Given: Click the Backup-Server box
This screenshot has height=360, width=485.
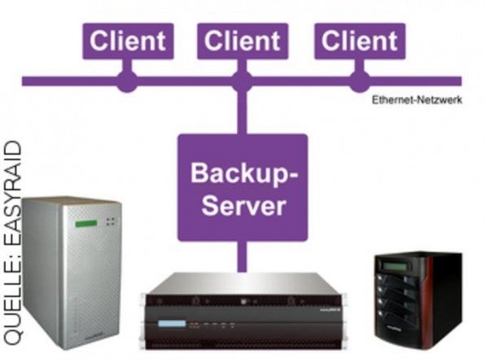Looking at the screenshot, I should (x=242, y=187).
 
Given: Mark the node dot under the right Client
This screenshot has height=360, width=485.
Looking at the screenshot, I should (x=358, y=81).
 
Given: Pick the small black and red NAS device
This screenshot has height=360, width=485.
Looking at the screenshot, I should (x=417, y=297).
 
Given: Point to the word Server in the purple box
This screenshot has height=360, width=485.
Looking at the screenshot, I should (x=242, y=204).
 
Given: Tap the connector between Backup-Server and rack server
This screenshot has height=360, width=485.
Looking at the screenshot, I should (x=242, y=256).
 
